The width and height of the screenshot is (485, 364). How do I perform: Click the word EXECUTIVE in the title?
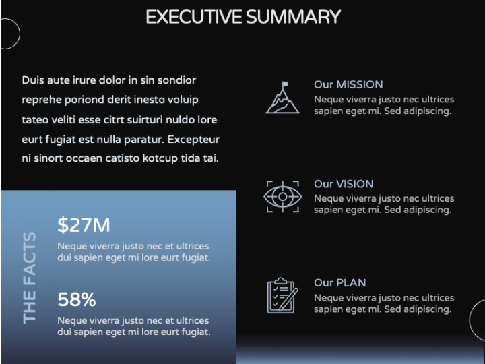tap(194, 17)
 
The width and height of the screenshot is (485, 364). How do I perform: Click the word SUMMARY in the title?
tap(294, 17)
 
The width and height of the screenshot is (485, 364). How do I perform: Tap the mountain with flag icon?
tap(282, 98)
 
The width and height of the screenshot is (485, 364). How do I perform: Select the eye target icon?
tap(283, 197)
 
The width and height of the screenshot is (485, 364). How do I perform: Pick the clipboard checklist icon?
tap(282, 295)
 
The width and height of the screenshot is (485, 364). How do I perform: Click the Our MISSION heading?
tap(348, 84)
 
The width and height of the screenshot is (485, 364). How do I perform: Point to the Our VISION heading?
tap(344, 184)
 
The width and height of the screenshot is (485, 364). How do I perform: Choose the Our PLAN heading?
tap(340, 282)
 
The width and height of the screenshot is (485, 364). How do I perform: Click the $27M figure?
tap(84, 224)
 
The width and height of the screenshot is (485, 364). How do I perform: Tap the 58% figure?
tap(77, 299)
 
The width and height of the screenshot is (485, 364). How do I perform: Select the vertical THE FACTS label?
tap(30, 278)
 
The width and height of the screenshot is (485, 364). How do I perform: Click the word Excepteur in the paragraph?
tap(193, 140)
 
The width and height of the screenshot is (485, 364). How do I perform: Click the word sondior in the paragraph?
tap(176, 80)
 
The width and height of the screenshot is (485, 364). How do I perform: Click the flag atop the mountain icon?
tap(285, 84)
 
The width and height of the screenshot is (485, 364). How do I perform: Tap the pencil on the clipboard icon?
tap(288, 299)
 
